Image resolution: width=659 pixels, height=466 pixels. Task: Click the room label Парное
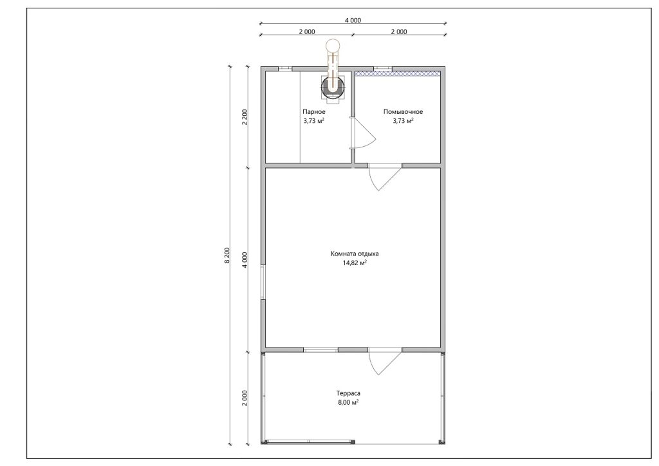coord(314,112)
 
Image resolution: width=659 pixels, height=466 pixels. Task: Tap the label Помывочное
coord(403,112)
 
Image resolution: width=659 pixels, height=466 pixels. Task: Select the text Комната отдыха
coord(355,254)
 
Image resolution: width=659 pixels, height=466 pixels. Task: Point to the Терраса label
coord(348,393)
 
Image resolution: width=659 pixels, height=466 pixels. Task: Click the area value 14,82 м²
coord(355,263)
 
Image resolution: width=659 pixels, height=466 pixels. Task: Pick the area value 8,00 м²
coord(348,402)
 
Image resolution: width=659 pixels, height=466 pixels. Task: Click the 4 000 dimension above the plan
coord(353,20)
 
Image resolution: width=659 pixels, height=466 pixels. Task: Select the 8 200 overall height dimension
coord(227,255)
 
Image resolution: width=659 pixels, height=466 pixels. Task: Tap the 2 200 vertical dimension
coord(245,117)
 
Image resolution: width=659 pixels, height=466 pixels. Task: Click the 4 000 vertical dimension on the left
coord(245,259)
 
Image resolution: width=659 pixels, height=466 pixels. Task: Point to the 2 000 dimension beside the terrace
coord(245,398)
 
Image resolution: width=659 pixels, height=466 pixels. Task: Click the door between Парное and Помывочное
coord(362,133)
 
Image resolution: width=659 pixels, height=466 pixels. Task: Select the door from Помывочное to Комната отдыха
coord(385,177)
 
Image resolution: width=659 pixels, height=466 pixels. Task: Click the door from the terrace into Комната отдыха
coord(385,361)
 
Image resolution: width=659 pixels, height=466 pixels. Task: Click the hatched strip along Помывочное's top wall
coord(398,73)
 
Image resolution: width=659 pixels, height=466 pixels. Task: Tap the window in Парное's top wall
coord(285,68)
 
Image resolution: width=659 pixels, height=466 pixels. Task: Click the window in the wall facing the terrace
coord(320,349)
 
